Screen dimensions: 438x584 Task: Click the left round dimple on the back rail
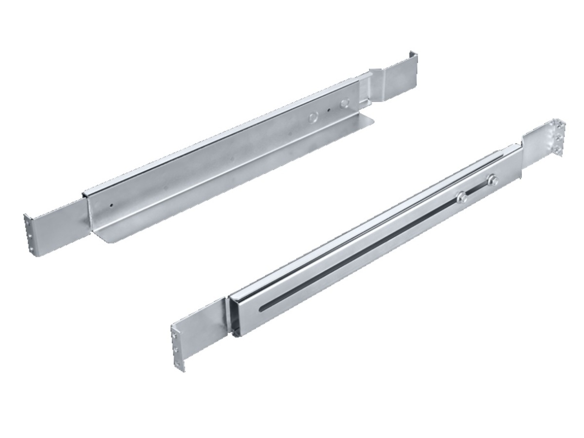pyautogui.click(x=313, y=117)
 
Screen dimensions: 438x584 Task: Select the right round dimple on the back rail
pyautogui.click(x=345, y=103)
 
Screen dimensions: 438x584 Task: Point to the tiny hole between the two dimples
pyautogui.click(x=329, y=111)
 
